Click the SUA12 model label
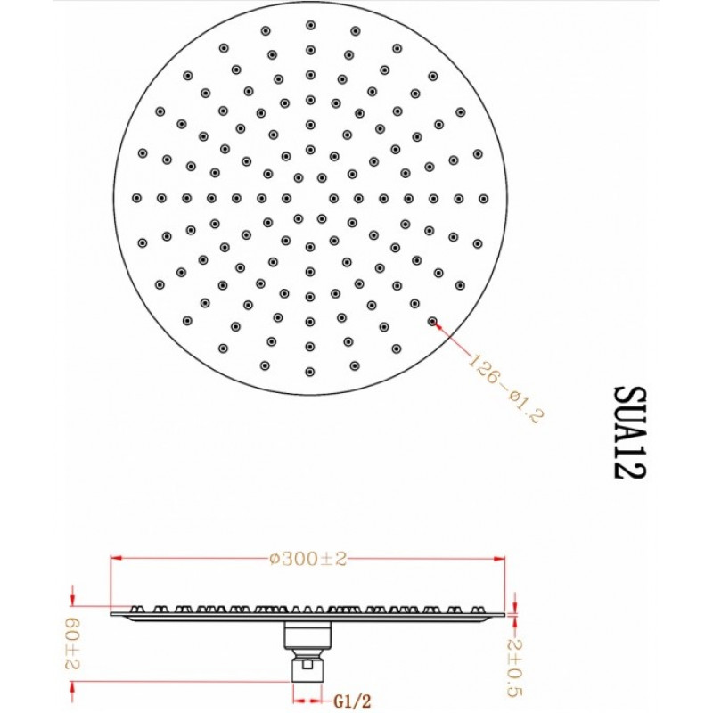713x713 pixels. tap(629, 432)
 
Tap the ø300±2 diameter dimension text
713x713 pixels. tap(307, 559)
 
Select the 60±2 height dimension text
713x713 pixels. tap(72, 643)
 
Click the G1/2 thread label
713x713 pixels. tap(352, 701)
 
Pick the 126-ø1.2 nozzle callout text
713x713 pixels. tap(506, 388)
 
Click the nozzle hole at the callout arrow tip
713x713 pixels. tap(432, 322)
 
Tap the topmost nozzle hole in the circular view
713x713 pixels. tap(310, 25)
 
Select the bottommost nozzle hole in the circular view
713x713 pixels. tap(310, 372)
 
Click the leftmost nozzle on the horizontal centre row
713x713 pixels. tap(136, 198)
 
